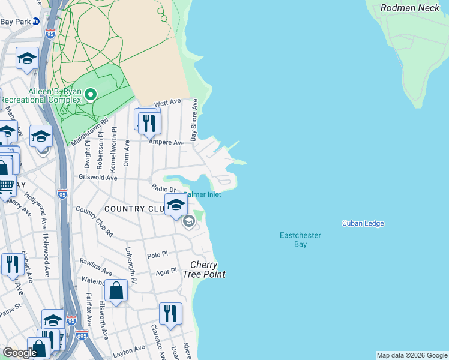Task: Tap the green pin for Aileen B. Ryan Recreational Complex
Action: point(91,95)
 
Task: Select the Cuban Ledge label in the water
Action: point(363,223)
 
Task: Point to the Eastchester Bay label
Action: point(301,240)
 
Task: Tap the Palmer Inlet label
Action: point(203,194)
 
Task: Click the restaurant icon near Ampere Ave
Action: point(149,123)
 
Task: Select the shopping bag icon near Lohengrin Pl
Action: point(116,292)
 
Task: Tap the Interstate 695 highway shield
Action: point(82,334)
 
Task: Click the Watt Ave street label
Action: point(167,103)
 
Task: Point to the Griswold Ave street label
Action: point(98,178)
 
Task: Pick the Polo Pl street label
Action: point(157,255)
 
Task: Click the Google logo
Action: point(19,353)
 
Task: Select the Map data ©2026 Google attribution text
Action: point(411,355)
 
